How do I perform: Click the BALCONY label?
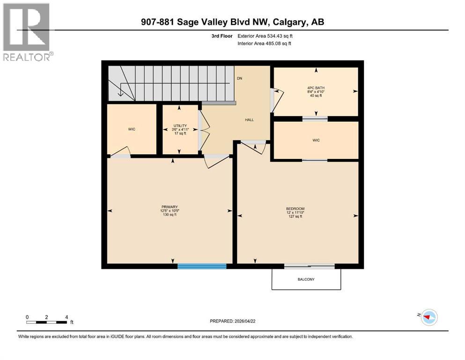pos(306,279)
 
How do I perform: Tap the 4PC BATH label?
pos(316,87)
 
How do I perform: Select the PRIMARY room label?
pos(170,207)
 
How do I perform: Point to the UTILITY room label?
pos(180,126)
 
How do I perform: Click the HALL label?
pos(249,120)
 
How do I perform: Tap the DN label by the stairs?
pos(239,78)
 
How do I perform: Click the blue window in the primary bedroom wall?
pos(202,266)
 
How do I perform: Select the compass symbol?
pos(428,317)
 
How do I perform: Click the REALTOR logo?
pos(27,32)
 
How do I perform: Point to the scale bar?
pos(47,322)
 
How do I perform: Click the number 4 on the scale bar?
pos(66,317)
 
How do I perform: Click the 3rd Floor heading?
pos(221,36)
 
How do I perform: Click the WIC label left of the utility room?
pos(132,129)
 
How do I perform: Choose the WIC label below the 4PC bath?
pos(316,140)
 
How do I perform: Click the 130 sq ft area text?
pos(170,215)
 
